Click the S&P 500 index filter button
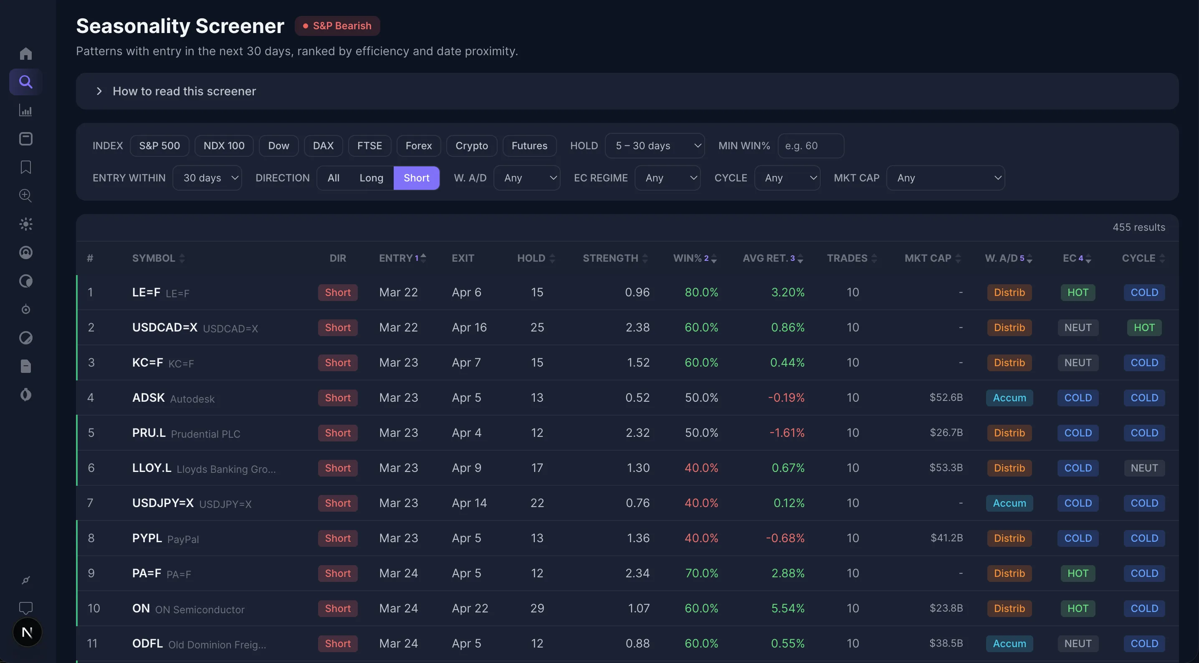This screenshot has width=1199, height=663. click(x=159, y=146)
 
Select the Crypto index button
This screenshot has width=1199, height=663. click(x=471, y=146)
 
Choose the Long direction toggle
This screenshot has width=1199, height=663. click(x=371, y=178)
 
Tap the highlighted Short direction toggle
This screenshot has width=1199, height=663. click(x=416, y=178)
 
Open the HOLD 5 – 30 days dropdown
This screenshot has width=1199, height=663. click(x=655, y=146)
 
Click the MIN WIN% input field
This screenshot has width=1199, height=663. click(x=810, y=146)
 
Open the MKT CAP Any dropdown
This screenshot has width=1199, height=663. click(x=945, y=178)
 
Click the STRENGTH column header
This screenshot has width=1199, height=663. click(x=610, y=258)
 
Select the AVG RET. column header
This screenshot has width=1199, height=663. click(x=768, y=258)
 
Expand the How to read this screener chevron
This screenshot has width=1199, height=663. click(x=99, y=91)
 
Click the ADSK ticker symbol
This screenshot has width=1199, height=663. click(x=149, y=398)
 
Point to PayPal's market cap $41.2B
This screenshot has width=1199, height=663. click(x=946, y=538)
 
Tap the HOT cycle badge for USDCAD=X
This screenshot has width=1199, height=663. click(x=1143, y=328)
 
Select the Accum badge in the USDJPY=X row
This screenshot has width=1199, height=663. click(x=1009, y=503)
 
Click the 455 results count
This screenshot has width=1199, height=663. click(x=1138, y=227)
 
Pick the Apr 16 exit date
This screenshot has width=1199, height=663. click(x=469, y=328)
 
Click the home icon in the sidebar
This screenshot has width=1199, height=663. click(x=26, y=54)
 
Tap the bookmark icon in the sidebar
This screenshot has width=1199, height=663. click(x=26, y=167)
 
